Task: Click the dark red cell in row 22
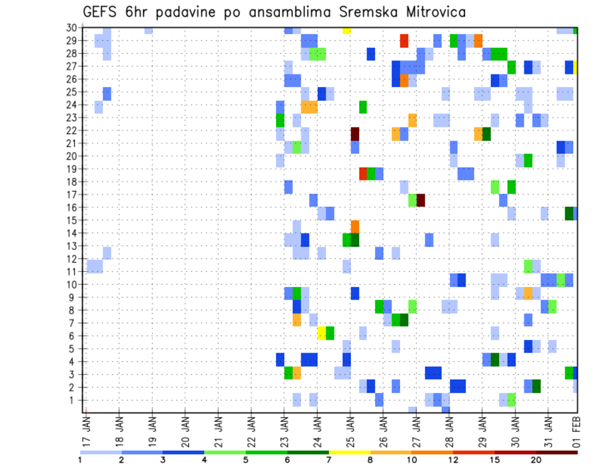tap(355, 134)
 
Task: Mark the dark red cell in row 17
tap(421, 200)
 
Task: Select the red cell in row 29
tap(404, 41)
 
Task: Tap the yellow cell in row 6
tap(321, 332)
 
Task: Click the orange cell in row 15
tap(355, 226)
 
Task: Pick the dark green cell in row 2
tap(536, 385)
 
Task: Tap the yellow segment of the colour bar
tap(349, 452)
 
